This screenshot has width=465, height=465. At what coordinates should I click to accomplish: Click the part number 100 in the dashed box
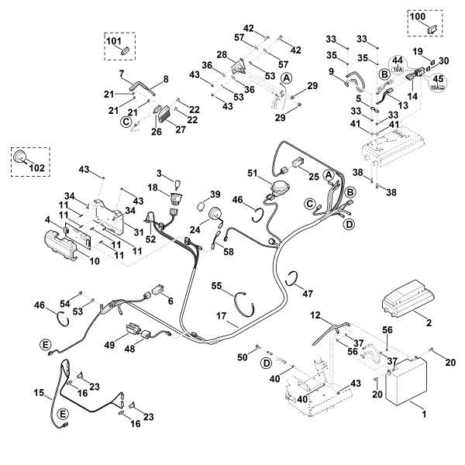pos(418,16)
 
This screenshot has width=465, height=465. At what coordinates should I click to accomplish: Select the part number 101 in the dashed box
pos(114,40)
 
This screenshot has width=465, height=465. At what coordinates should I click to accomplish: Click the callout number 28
pos(221,54)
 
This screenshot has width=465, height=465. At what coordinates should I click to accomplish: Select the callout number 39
pos(215,194)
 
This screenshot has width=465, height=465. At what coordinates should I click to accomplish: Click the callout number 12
pos(315,315)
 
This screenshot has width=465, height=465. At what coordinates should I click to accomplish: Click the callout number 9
pos(331,72)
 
